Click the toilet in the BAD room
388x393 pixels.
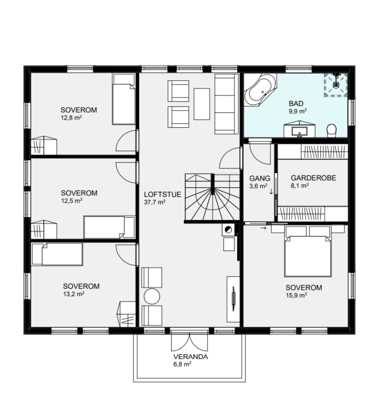point(332,130)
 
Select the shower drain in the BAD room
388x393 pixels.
point(336,85)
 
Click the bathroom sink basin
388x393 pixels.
point(299,131)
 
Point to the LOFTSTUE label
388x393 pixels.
point(163,194)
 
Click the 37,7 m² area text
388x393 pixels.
point(155,202)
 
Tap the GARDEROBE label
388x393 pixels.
point(314,178)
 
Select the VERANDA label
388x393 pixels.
point(191,356)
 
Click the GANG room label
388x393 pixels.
point(260,178)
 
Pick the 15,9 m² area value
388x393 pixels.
point(296,295)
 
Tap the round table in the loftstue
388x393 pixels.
point(152,296)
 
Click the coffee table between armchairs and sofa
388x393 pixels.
point(202,104)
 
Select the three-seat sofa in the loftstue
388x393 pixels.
point(226,104)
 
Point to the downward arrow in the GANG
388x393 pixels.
point(271,192)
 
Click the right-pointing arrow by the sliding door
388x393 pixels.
point(263,228)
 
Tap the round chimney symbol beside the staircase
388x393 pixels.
point(228,229)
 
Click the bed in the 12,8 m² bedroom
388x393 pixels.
point(124,99)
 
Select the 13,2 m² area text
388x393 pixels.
point(74,294)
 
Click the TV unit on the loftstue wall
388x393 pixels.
point(233,299)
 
